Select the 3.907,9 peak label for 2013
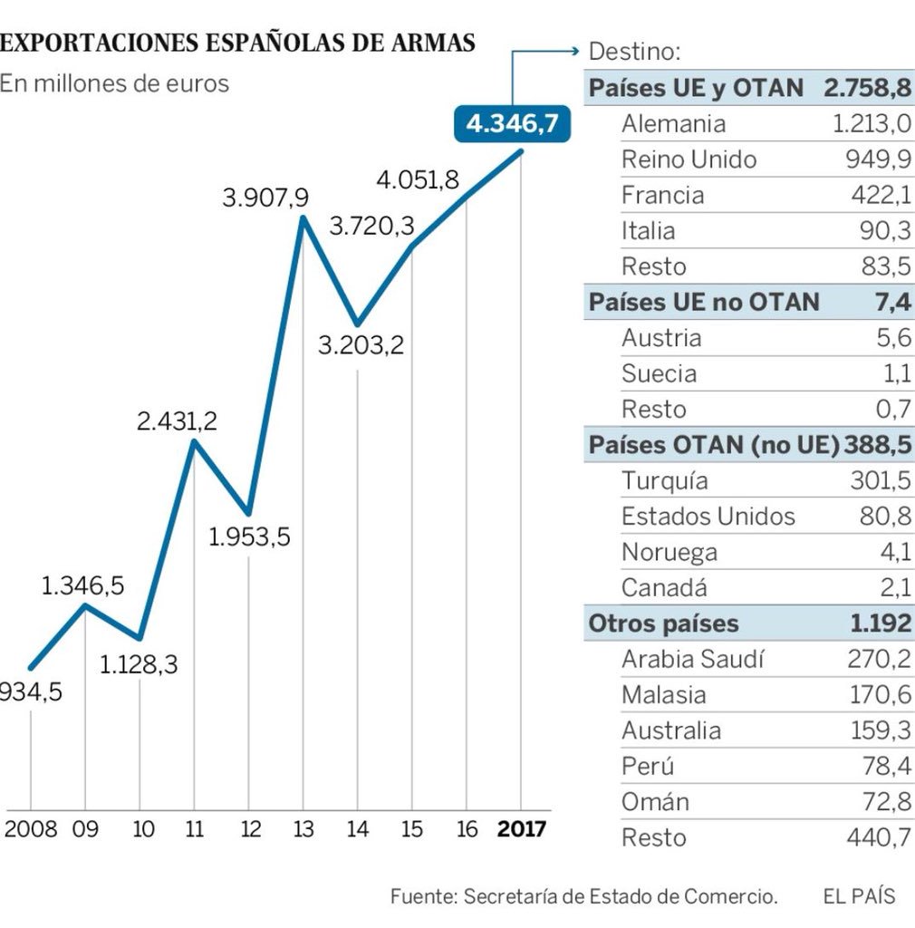265,197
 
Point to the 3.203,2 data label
361,345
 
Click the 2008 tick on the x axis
31,829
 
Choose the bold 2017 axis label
522,829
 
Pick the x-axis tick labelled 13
303,829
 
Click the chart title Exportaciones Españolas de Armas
237,43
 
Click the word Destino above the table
634,52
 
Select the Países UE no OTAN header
704,302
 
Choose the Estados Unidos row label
708,517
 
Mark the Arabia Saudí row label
692,660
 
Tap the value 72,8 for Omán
884,802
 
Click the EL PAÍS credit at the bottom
859,897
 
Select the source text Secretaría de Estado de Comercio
621,897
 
